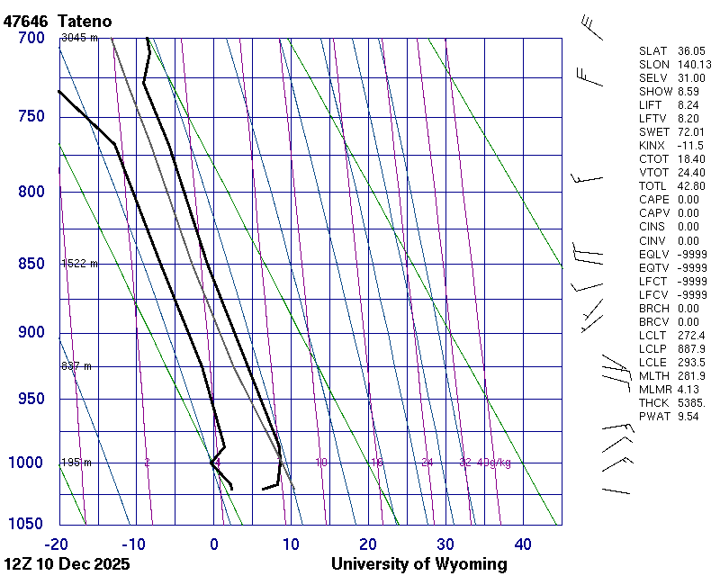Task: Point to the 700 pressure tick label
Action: coord(31,38)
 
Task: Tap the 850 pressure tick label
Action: coord(31,264)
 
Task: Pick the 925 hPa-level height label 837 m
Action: coord(76,366)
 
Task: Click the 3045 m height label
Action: coord(79,38)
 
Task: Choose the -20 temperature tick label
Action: coord(57,544)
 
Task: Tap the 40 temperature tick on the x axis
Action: coord(523,544)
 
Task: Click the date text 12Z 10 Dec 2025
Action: coord(67,564)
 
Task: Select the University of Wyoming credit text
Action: coord(418,564)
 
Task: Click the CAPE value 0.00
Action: coord(688,200)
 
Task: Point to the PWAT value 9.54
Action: coord(688,417)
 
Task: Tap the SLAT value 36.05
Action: coord(690,51)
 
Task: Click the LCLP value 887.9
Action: coord(690,349)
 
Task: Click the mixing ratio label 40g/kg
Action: coord(495,463)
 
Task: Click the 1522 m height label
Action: coord(79,264)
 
